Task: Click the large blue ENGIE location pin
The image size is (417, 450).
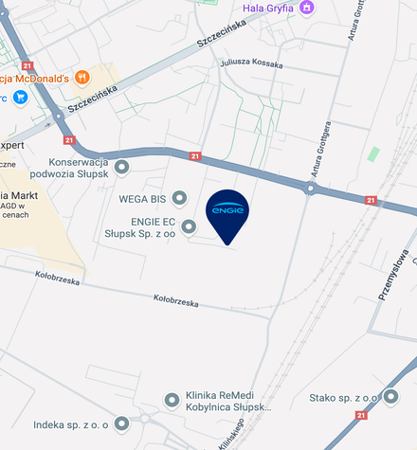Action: click(227, 214)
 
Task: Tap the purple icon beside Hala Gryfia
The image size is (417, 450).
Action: click(306, 9)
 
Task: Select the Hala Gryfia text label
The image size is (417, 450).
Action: click(268, 9)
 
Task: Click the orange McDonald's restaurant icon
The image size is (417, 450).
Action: click(82, 77)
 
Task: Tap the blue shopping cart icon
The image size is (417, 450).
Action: click(21, 97)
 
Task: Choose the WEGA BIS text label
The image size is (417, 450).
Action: click(143, 200)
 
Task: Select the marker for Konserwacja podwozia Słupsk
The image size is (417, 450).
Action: click(121, 169)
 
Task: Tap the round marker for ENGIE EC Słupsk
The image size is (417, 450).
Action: click(190, 226)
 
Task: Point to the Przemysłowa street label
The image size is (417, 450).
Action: click(392, 275)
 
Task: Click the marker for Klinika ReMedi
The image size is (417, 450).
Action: click(172, 401)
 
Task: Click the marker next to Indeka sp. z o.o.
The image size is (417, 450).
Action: click(119, 424)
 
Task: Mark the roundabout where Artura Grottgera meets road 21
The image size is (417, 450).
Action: click(310, 189)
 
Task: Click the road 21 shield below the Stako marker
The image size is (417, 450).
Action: click(361, 415)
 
